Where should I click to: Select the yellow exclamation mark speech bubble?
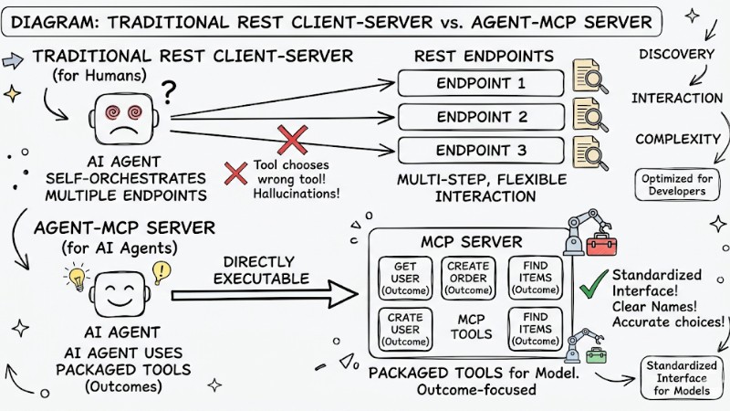pos(162,270)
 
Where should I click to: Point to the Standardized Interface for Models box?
pos(682,377)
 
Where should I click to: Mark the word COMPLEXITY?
pos(675,139)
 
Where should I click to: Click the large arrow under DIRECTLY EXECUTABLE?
pos(264,295)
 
